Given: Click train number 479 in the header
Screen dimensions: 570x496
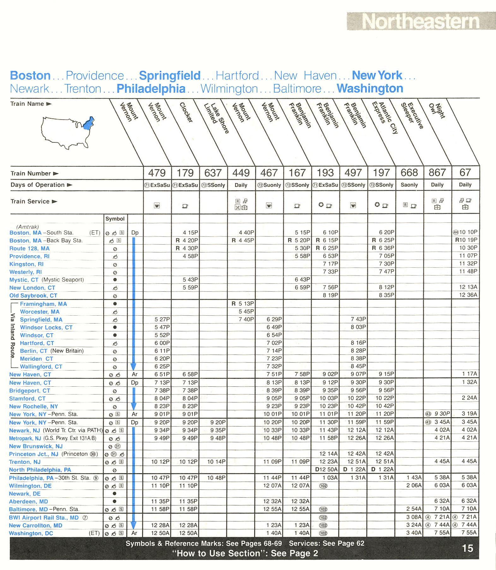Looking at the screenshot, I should [157, 173].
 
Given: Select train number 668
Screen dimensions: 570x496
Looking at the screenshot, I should [409, 173].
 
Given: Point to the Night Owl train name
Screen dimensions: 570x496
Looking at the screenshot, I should [437, 111].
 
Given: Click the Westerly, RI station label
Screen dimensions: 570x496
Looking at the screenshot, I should [26, 272].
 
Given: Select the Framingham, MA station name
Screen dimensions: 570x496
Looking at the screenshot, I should [43, 304].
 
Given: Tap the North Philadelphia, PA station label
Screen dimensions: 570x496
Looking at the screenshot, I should [40, 470].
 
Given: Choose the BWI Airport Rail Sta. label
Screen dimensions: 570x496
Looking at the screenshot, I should [44, 518].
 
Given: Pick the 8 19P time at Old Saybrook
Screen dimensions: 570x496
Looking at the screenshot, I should [330, 295].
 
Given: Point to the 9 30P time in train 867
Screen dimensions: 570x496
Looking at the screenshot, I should [442, 414].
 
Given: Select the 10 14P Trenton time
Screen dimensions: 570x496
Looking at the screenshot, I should [217, 462].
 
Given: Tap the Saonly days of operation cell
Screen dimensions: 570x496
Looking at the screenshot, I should [409, 185].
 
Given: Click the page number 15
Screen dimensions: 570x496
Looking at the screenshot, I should [467, 548].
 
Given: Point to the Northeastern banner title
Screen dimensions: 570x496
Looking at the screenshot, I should [421, 21].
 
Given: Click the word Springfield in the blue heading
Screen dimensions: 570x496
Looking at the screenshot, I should [170, 76].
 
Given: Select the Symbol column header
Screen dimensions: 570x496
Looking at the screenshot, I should [115, 219].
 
